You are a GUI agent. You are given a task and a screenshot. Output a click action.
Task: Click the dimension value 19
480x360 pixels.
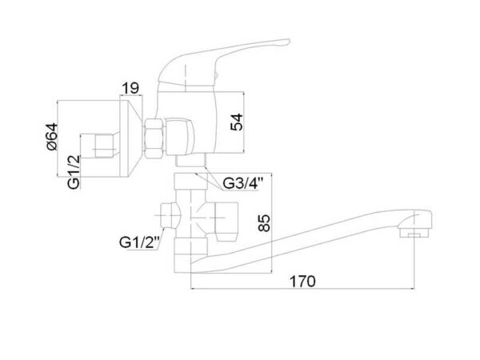coord(130,89)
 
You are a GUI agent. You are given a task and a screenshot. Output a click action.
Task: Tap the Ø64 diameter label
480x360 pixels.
coord(52,137)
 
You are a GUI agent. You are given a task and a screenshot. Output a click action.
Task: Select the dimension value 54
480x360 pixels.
coord(236,122)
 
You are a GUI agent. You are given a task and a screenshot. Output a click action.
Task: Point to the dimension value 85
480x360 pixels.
coord(264,222)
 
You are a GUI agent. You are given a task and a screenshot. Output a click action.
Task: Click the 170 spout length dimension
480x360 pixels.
coord(302,282)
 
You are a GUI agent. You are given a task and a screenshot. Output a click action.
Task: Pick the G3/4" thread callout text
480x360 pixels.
coord(242,183)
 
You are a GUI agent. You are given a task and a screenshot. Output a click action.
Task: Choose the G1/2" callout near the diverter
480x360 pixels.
coord(139,242)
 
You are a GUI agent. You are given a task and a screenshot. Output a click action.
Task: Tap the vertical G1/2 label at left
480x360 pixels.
coord(74,172)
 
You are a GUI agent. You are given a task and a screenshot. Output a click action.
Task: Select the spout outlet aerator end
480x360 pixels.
coord(414,229)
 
